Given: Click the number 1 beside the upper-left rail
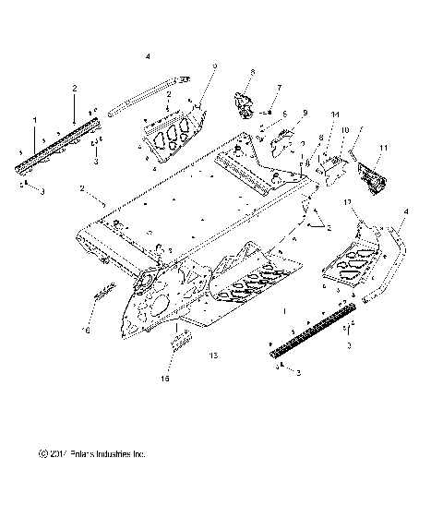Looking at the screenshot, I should tap(35, 120).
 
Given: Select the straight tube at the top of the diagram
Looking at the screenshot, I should tap(148, 95).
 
